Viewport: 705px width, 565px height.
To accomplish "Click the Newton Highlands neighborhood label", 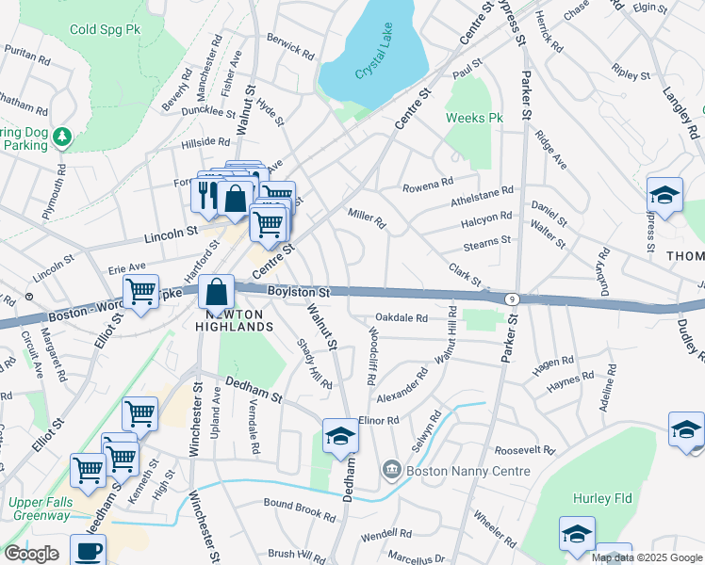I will (235, 319).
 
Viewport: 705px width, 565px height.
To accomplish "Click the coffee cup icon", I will (88, 552).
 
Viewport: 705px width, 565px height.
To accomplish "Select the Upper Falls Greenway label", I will (40, 508).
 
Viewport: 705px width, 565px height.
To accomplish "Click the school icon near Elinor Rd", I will (340, 436).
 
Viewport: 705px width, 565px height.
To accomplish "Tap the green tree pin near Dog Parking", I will (62, 137).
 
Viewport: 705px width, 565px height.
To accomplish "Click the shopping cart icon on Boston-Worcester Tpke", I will (140, 292).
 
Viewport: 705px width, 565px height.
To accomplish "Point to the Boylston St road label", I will (297, 293).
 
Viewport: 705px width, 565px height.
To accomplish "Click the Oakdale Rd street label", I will (402, 318).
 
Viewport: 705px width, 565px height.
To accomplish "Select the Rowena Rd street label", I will (428, 184).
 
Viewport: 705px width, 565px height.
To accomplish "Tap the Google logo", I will (30, 553).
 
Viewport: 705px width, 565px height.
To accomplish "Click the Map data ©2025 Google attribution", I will (647, 557).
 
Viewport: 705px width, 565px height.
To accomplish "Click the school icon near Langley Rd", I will (664, 196).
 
